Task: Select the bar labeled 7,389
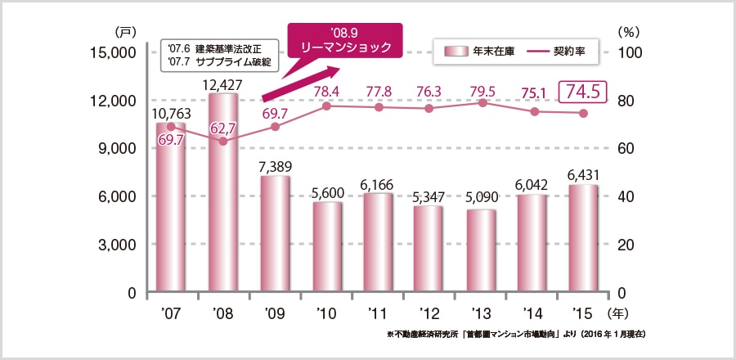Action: (276, 234)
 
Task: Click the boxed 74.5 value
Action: (583, 92)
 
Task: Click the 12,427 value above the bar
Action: (223, 83)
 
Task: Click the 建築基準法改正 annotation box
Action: (218, 55)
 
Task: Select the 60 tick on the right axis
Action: (623, 149)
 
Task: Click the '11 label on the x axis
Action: (379, 313)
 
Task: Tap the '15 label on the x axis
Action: (585, 313)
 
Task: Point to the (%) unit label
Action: (628, 32)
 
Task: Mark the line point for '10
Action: (327, 106)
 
